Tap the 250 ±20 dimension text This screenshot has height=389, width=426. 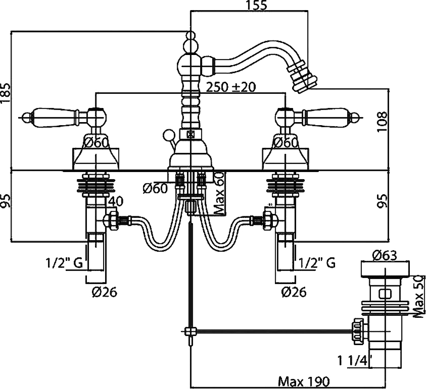230,87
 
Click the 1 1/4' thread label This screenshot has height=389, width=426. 355,361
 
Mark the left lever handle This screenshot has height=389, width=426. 53,117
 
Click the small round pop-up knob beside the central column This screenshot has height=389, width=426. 168,136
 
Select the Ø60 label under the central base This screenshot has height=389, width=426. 155,189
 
